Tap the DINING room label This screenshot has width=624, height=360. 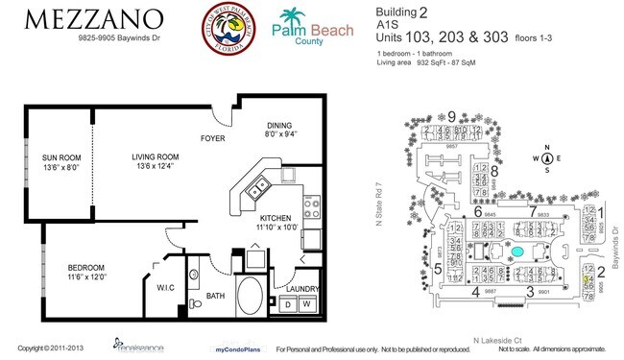279,129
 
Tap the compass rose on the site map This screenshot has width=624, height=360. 546,159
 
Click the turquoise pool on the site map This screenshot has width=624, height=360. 517,252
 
